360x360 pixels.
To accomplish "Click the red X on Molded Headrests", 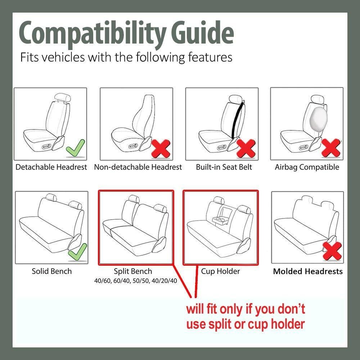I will click(x=332, y=251).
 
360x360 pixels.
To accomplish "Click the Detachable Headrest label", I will click(x=51, y=167).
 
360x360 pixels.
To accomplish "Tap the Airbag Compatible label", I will click(x=307, y=167).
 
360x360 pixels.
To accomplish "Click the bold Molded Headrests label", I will click(x=308, y=271).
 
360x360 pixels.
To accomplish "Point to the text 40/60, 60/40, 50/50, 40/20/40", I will click(x=135, y=281).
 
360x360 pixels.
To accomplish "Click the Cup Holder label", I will click(x=220, y=271).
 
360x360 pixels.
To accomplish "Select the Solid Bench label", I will click(x=52, y=271).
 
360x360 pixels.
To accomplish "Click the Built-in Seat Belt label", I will click(x=224, y=167).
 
